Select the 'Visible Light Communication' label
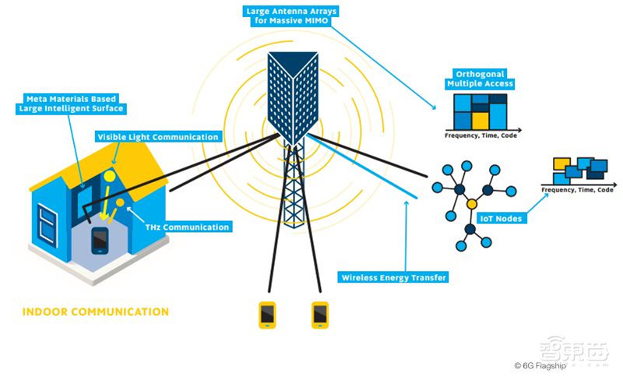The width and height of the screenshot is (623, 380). (157, 136)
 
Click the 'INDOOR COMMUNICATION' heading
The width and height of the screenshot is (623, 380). (95, 312)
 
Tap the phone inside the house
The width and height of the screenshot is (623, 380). (100, 241)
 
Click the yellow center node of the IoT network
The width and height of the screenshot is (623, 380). (471, 204)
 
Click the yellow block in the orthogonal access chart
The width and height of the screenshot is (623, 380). (480, 118)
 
